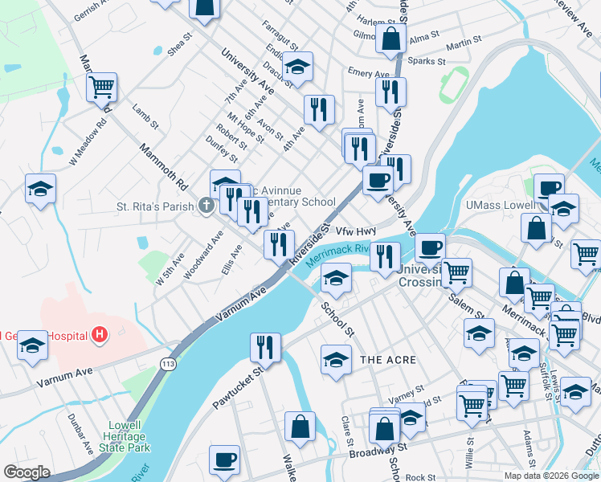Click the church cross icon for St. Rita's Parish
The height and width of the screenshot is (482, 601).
[206, 206]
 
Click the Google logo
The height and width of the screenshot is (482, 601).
[27, 472]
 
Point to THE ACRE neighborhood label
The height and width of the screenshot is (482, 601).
[388, 359]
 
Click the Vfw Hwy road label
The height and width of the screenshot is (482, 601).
[356, 231]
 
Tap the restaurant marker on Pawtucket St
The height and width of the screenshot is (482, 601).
[264, 347]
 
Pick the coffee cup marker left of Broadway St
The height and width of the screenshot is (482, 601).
[224, 460]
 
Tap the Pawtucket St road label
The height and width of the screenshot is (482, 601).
[237, 387]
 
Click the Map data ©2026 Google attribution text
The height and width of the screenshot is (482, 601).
[551, 476]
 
